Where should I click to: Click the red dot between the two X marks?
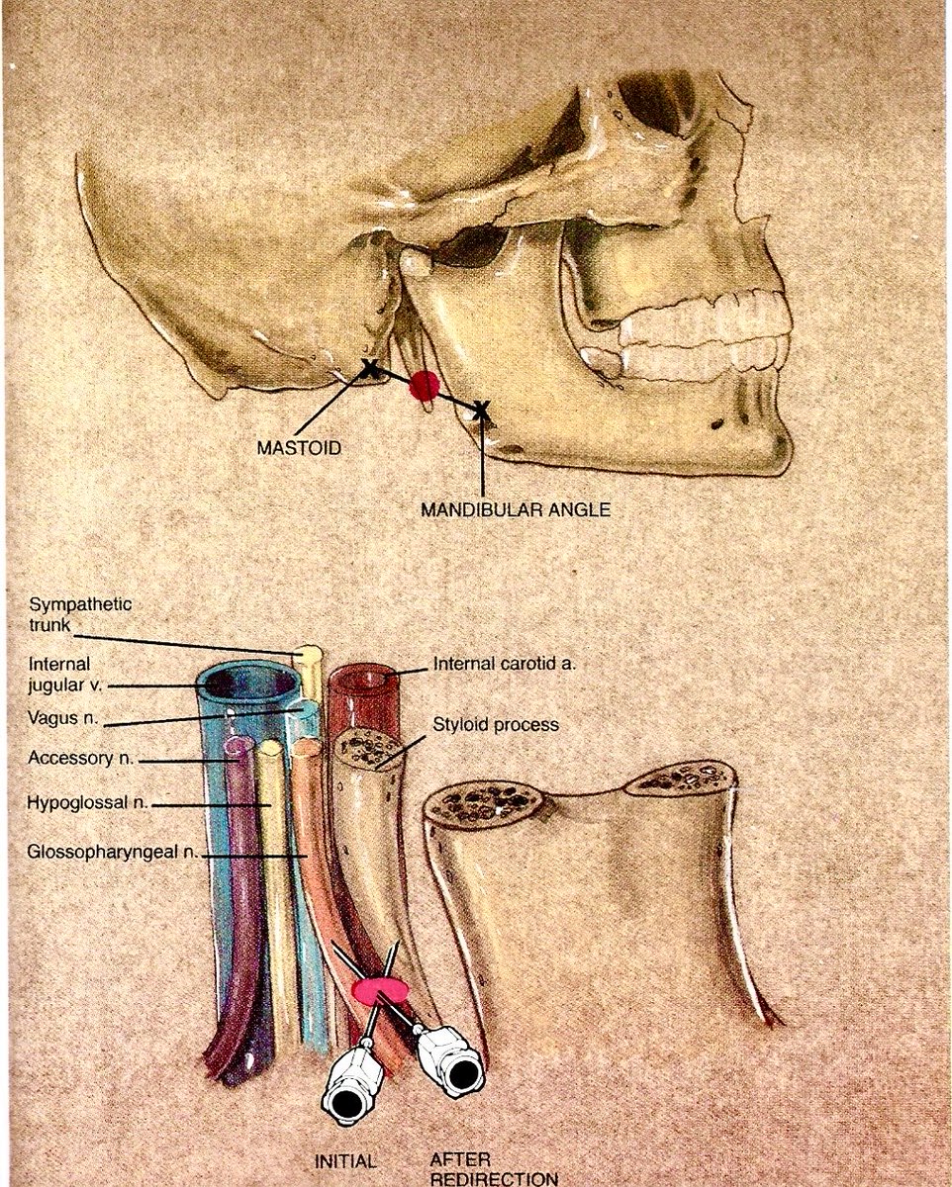425,386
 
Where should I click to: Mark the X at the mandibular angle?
481,410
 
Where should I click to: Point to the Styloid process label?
496,724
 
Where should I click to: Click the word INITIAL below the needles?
344,1161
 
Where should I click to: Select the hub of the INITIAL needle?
348,1088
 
